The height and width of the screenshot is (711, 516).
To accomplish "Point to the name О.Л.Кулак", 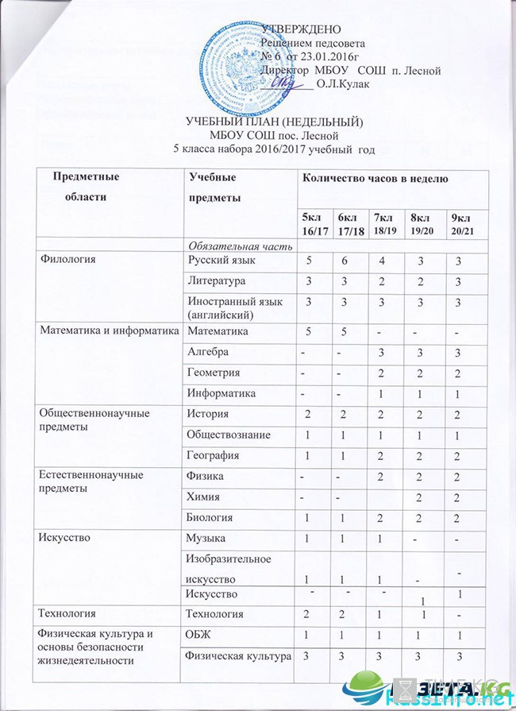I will [x=343, y=83].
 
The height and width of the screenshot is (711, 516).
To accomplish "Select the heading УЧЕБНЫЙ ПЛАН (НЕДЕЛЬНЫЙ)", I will [x=273, y=122].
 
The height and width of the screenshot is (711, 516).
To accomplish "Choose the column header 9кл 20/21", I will [x=461, y=223].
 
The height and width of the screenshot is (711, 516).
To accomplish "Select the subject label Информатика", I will [x=221, y=392].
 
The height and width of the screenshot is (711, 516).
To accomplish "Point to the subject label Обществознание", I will [x=227, y=435].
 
